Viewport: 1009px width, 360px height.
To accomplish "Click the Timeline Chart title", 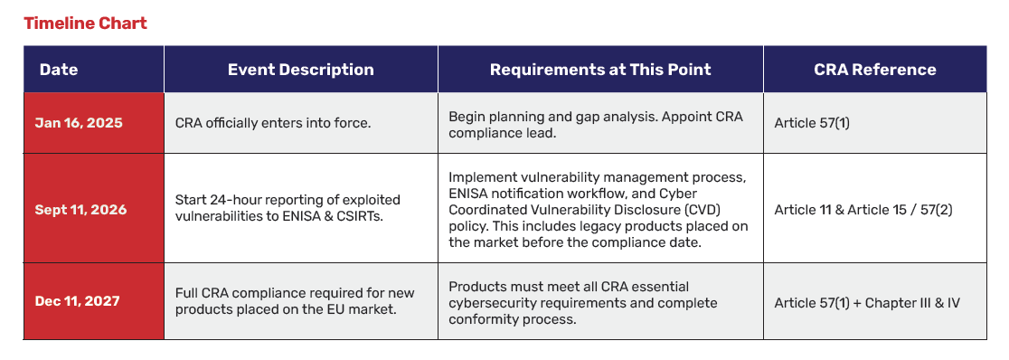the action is click(x=86, y=24).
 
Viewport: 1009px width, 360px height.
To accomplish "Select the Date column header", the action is click(x=59, y=70).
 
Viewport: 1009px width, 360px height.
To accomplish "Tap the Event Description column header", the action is click(x=300, y=70).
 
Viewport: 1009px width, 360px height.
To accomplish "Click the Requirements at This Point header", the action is click(x=600, y=70).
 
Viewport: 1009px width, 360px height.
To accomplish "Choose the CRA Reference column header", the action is click(x=874, y=70).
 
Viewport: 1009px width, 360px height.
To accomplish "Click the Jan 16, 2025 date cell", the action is click(x=79, y=123).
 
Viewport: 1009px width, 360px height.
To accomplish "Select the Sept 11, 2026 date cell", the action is click(x=81, y=210).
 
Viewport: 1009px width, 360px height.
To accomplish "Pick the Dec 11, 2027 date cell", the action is click(x=77, y=300).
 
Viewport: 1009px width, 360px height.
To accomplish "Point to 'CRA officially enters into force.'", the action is click(x=273, y=123).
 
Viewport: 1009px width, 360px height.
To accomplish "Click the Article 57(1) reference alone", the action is click(x=812, y=123).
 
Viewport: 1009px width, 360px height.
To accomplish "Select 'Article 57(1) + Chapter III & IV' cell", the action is click(x=867, y=301).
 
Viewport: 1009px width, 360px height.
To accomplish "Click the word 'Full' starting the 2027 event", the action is click(x=186, y=293).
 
